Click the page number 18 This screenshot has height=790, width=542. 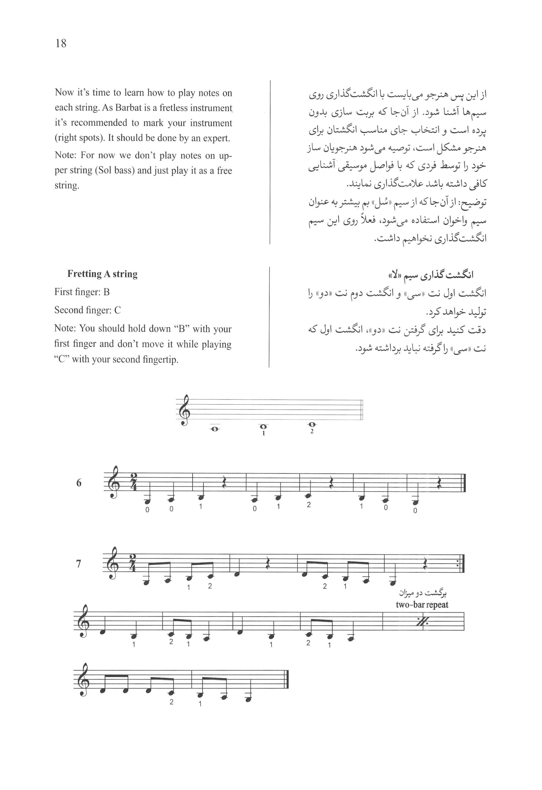[x=61, y=44]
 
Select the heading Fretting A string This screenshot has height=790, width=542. [x=102, y=274]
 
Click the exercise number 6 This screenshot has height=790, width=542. [x=79, y=483]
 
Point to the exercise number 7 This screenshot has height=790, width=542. [x=78, y=564]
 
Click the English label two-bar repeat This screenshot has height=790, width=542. [x=422, y=605]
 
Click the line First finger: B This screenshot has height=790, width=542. [x=82, y=292]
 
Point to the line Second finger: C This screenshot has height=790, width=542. [x=87, y=310]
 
